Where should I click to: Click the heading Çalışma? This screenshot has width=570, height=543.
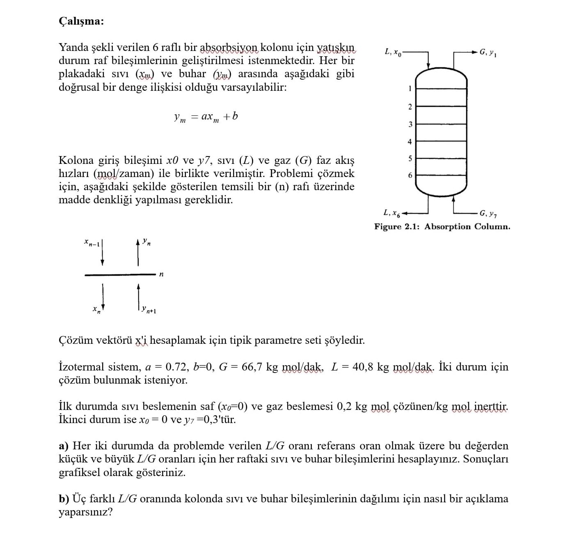tap(81, 21)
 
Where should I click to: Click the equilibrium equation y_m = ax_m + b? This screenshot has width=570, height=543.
tap(206, 117)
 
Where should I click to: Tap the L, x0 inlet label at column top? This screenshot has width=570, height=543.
tap(392, 52)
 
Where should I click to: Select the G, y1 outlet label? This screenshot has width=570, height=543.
tap(488, 53)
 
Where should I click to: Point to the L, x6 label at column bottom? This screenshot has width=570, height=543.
tap(392, 213)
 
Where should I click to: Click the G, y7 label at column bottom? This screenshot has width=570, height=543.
tap(488, 214)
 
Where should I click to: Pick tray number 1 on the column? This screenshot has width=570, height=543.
tap(410, 88)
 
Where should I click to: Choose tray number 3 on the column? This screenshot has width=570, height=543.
tap(410, 124)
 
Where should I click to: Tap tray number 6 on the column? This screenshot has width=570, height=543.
tap(410, 175)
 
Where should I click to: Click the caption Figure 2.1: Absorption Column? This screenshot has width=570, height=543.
tap(442, 227)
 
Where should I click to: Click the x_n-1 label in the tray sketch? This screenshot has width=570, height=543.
tap(92, 243)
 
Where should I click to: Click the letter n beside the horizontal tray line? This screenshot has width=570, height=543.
tap(161, 274)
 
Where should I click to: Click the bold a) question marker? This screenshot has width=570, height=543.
tap(64, 446)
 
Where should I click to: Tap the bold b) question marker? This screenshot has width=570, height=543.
tap(64, 499)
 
